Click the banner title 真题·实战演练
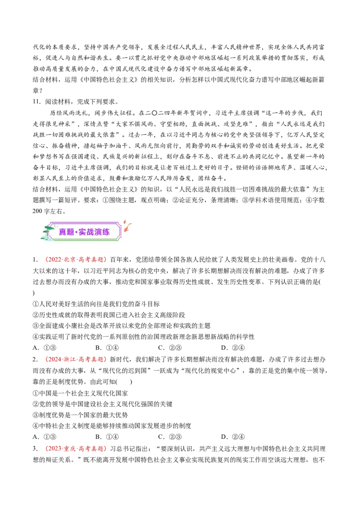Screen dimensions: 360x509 tap(84, 232)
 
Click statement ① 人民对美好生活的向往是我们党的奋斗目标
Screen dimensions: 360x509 tap(96, 304)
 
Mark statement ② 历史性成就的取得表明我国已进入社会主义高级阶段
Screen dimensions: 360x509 tap(109, 315)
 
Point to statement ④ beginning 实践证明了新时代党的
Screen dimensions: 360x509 tap(144, 337)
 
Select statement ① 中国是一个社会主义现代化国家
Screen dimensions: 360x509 tap(80, 393)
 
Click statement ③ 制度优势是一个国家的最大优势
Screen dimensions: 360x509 tap(80, 415)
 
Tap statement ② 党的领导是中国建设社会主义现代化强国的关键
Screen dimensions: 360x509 tap(103, 404)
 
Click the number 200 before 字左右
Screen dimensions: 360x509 tap(37, 211)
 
